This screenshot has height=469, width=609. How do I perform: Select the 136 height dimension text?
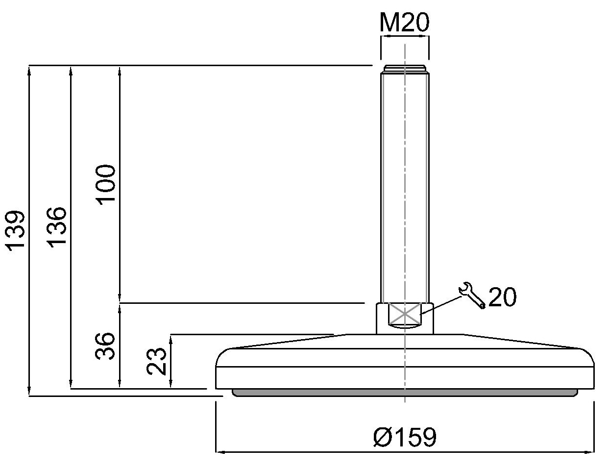point(57,227)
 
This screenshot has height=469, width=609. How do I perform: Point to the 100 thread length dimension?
point(105,185)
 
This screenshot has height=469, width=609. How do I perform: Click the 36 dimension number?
point(105,346)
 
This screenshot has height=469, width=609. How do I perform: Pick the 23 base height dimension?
point(156,361)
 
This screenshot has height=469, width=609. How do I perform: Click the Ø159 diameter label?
point(405,437)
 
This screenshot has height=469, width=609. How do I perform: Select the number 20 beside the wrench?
point(502,296)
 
